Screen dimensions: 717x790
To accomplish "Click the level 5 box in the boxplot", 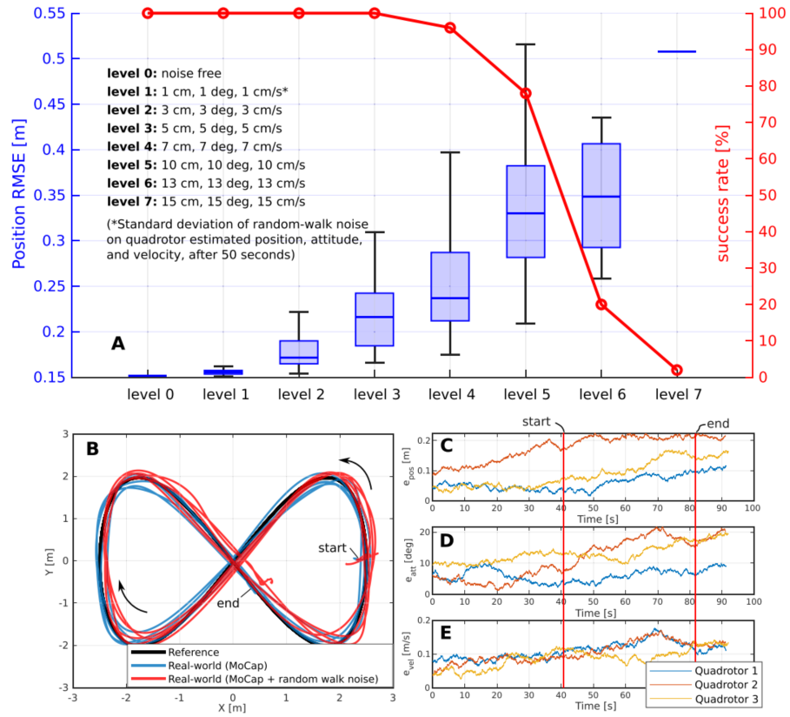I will click(x=525, y=211).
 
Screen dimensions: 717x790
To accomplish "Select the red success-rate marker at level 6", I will click(x=601, y=305).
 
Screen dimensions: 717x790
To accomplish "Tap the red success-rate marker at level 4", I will click(x=450, y=28).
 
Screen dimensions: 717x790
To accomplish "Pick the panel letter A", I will click(x=118, y=344).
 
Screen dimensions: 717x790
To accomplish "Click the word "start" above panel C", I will click(x=536, y=421).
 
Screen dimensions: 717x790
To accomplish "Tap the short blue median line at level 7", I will click(x=676, y=52).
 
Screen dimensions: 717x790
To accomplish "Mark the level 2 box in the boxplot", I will click(x=298, y=352).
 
